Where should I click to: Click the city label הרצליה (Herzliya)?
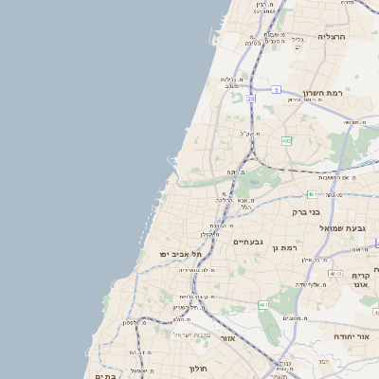coord(334,36)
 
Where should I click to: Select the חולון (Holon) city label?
coord(198,368)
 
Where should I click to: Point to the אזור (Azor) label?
coord(227,338)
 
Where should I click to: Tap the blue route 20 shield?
coord(251,98)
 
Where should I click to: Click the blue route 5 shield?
coord(276,89)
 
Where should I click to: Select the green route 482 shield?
coord(286,140)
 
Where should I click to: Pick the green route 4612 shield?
coord(262,304)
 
